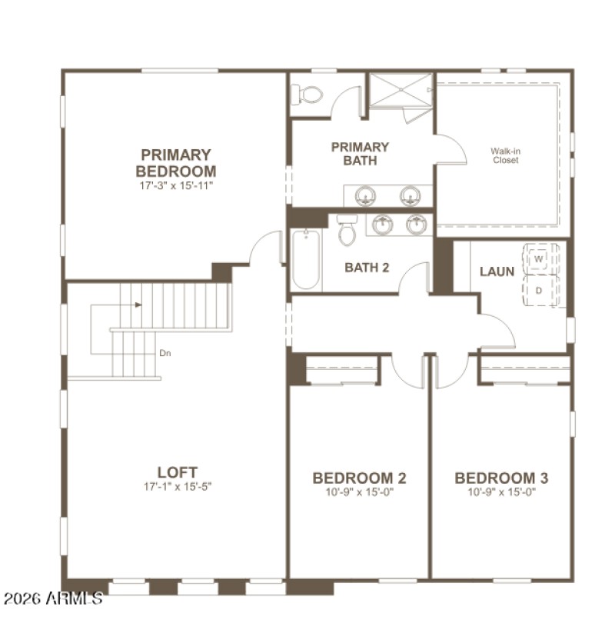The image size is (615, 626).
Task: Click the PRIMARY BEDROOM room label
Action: point(176,162)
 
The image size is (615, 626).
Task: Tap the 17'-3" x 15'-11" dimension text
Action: point(176,185)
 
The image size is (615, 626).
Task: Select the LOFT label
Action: point(178,472)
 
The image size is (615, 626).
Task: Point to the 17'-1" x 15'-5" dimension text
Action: point(178,487)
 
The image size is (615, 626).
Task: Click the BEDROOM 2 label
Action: point(359,478)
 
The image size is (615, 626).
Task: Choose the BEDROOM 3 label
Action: point(501,478)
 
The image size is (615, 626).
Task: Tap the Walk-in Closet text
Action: point(505,155)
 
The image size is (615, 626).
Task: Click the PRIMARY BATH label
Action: point(360,153)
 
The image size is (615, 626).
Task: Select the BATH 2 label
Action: point(367,268)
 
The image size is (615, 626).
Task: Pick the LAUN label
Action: point(497,271)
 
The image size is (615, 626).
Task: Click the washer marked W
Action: point(539,259)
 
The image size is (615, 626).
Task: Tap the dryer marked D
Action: point(539,291)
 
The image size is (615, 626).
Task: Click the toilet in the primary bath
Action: point(309,95)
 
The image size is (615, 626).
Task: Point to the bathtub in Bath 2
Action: point(306,259)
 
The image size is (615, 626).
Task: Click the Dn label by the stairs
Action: point(165,354)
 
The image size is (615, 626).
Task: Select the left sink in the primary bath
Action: point(365,195)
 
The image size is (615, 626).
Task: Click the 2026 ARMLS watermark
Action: point(52,598)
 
